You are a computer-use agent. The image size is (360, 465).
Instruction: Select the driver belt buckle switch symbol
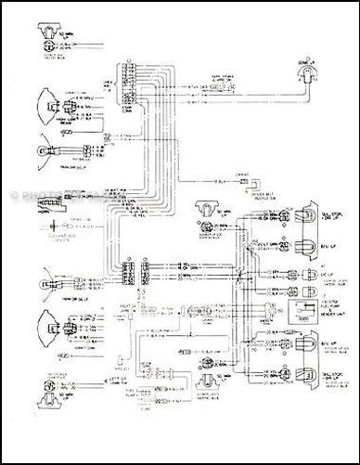pyautogui.click(x=247, y=186)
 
